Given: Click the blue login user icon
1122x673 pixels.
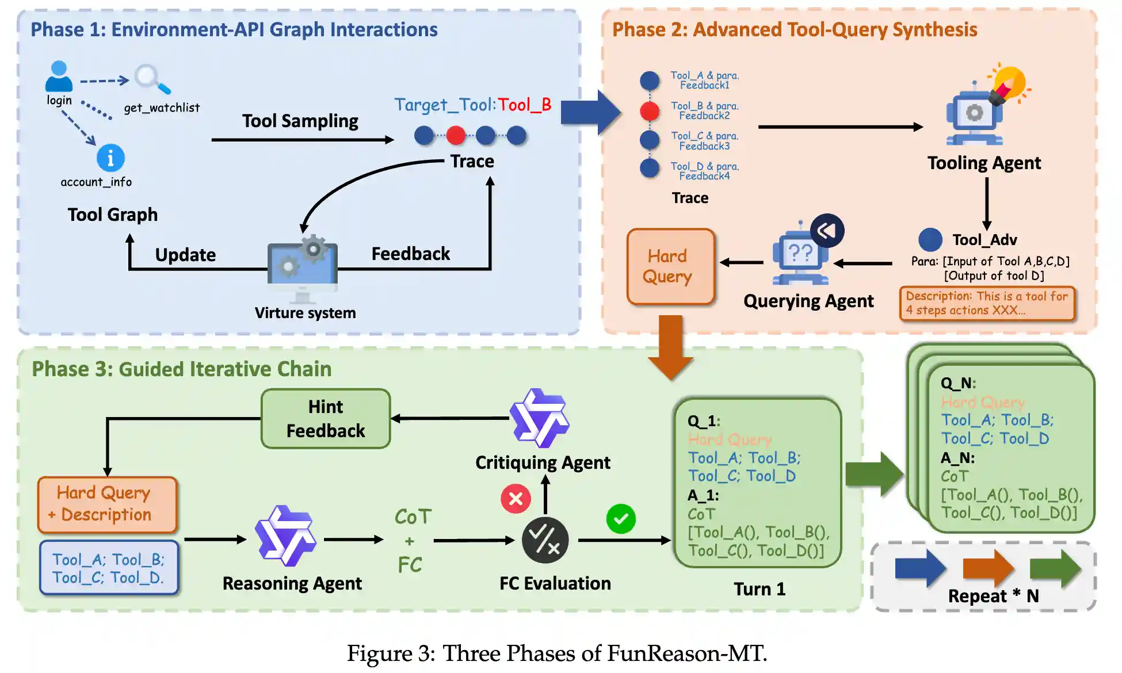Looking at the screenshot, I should tap(59, 76).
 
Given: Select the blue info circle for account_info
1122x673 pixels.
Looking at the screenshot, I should tap(110, 158).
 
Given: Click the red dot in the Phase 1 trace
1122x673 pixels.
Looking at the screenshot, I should tap(456, 136).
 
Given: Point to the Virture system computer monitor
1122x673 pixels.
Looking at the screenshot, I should tap(303, 265).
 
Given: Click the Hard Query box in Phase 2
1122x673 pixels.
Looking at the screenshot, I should tap(670, 266).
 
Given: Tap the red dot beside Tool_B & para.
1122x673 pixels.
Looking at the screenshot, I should tap(650, 110).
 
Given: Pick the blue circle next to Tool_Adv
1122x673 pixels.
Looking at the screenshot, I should tap(930, 240).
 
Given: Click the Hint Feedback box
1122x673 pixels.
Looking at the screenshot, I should tap(326, 419).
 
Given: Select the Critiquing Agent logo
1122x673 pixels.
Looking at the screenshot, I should tap(540, 418).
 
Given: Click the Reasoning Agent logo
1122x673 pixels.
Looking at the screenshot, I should tap(285, 536).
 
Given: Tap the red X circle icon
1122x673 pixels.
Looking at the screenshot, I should tap(516, 498).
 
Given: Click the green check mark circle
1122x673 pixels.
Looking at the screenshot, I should tap(621, 519).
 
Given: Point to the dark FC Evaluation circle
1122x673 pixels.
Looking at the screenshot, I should tap(545, 540).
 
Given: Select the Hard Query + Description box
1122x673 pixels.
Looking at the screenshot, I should tap(108, 504).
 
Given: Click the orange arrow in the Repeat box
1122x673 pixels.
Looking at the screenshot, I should tap(988, 568).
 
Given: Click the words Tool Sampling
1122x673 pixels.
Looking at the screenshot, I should tap(300, 121).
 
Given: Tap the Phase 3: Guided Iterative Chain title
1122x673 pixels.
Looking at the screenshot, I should tap(181, 369).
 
